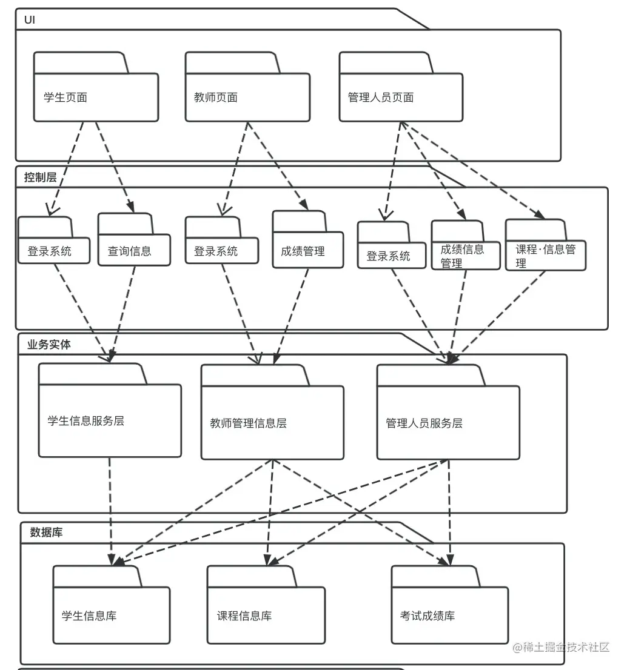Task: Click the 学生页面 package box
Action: tap(96, 97)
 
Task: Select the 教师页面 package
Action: tap(247, 97)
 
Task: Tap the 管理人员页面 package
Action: tap(401, 97)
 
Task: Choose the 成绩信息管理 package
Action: tap(466, 255)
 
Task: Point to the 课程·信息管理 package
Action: tap(545, 255)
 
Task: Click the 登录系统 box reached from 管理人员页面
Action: tap(391, 256)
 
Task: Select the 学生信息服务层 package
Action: tap(110, 420)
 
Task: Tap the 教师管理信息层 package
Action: tap(272, 423)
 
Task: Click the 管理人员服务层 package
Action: tap(448, 423)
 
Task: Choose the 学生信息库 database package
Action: tap(112, 615)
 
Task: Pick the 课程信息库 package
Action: tap(266, 615)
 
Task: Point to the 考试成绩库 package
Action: tap(449, 615)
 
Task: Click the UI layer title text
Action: tap(30, 20)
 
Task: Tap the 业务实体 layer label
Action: tap(49, 345)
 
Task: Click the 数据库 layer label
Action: tap(46, 533)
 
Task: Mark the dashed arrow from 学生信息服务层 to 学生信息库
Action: tap(110, 509)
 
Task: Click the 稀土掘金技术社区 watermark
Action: tap(560, 648)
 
